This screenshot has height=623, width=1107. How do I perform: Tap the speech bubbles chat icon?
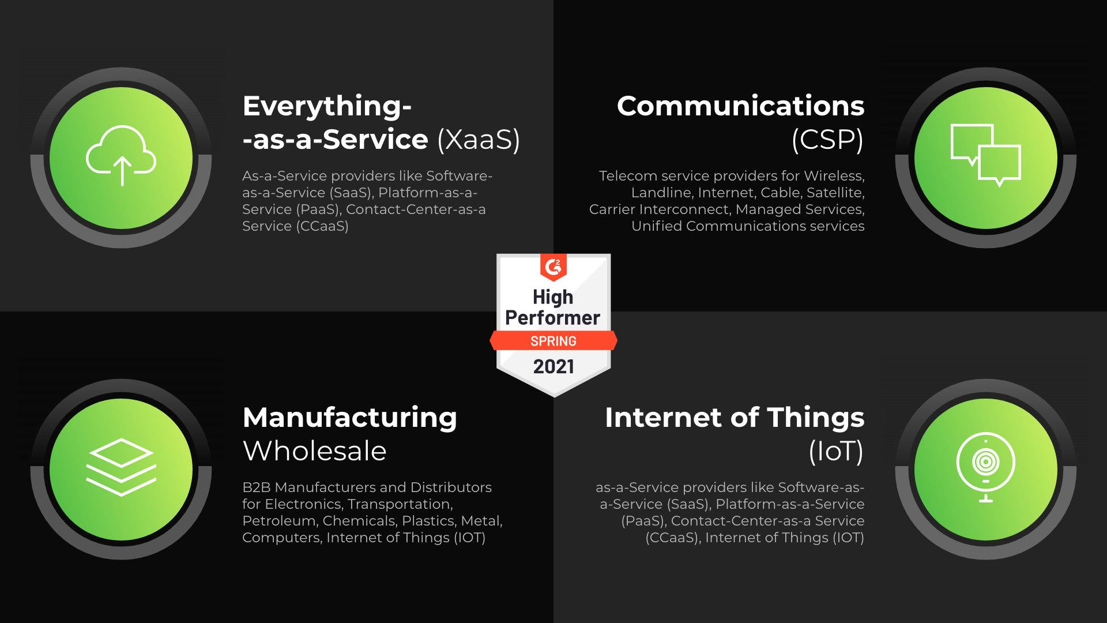coord(985,155)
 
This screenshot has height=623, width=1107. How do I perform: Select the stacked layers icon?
coord(121,467)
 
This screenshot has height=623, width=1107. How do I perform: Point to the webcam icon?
coord(986,467)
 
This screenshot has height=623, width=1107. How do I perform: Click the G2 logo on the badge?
coord(553,267)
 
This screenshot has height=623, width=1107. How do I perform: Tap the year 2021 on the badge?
coord(553,366)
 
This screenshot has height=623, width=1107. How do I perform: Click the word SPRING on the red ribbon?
coord(553,341)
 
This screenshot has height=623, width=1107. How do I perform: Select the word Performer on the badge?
coord(552,318)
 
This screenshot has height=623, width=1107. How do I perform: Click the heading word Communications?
coord(740,106)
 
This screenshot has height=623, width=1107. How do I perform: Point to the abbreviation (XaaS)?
coord(479,139)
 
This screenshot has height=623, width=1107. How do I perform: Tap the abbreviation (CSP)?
coord(828,139)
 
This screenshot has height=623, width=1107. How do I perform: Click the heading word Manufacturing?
coord(350,418)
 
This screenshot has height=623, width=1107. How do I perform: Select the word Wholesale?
coord(315,451)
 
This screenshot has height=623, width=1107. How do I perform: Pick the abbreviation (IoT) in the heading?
coord(836,451)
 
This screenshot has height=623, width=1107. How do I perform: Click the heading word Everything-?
coord(327,107)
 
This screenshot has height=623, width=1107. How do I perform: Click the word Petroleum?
coord(280,521)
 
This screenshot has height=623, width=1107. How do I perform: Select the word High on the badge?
coord(553,297)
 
